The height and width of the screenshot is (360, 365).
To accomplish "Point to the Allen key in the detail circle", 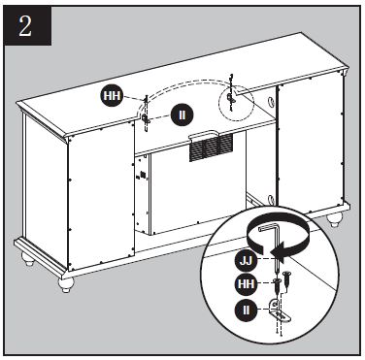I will [276, 239].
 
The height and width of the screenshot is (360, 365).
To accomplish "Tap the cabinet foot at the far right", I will [335, 220].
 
